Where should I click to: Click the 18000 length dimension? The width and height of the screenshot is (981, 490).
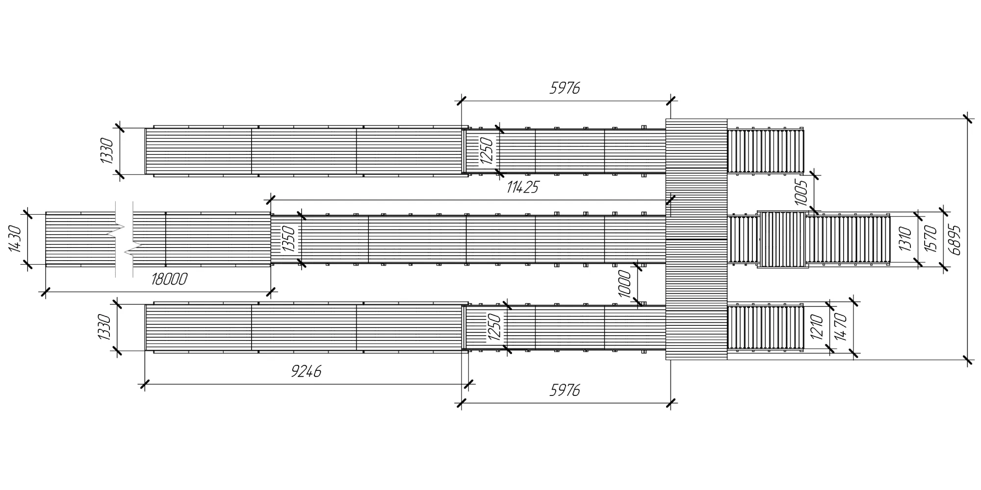click(169, 279)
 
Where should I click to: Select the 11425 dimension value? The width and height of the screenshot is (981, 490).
click(522, 187)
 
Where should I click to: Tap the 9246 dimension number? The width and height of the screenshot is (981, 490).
click(306, 372)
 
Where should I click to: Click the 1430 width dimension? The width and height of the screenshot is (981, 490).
click(15, 239)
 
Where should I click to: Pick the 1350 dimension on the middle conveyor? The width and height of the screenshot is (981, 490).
click(289, 239)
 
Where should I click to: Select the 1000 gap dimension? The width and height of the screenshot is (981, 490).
click(624, 284)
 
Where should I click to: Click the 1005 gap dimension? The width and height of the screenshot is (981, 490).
click(800, 193)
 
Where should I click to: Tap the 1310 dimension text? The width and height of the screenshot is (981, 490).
click(905, 239)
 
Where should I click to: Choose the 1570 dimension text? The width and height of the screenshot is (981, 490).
click(930, 239)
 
